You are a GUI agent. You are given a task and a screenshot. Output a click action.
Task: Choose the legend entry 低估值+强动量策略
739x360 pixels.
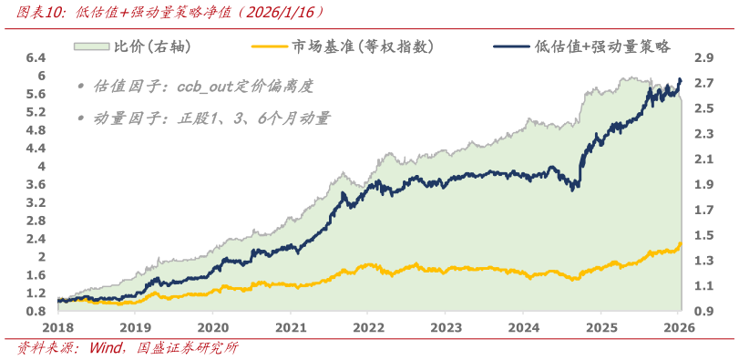[x=602, y=46]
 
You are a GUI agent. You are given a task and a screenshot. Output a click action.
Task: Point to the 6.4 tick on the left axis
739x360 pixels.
[x=36, y=57]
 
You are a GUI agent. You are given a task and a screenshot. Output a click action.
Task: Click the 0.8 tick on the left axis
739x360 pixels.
[x=36, y=311]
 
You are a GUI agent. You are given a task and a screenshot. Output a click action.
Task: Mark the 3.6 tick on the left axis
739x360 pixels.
[x=36, y=184]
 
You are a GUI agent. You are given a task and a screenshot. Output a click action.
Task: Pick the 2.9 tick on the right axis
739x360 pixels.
[x=703, y=57]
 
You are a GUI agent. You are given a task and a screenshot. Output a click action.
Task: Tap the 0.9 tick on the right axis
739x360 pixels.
[x=703, y=311]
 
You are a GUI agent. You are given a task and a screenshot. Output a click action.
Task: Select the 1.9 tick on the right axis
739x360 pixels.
[x=703, y=184]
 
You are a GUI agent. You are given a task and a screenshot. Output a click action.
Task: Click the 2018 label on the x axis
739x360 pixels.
[x=57, y=328]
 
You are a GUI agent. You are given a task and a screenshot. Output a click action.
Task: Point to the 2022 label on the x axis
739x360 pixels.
[x=369, y=328]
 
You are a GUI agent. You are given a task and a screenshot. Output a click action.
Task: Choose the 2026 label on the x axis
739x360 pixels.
[x=679, y=328]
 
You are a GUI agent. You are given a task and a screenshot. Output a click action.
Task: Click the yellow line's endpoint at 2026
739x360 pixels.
[x=681, y=242]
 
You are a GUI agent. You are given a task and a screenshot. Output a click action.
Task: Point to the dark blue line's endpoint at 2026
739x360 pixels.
[x=681, y=80]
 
